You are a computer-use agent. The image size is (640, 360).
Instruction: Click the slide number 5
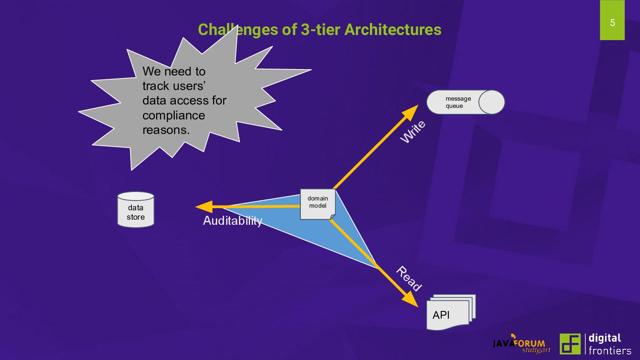(x=612, y=23)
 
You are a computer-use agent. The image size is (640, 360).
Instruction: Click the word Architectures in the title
(x=393, y=30)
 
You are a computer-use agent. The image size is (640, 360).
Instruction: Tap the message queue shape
(x=459, y=102)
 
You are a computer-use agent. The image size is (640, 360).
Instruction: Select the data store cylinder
(x=136, y=210)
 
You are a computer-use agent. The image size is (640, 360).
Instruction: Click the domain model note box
(x=318, y=204)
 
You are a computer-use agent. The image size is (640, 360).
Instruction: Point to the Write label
(x=413, y=132)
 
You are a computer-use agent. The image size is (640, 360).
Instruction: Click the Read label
(x=409, y=279)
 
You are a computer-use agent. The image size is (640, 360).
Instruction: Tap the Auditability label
(x=232, y=221)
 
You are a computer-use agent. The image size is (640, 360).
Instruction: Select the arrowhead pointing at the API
(x=411, y=299)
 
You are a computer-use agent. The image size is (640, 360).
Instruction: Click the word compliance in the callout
(x=174, y=115)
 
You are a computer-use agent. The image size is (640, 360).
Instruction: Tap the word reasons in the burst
(x=166, y=130)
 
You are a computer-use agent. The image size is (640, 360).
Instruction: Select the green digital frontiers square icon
(x=570, y=344)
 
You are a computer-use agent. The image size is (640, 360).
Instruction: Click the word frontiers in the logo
(x=610, y=351)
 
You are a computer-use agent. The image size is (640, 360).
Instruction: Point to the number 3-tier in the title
(x=320, y=30)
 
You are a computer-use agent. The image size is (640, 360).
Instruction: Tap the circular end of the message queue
(x=492, y=102)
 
